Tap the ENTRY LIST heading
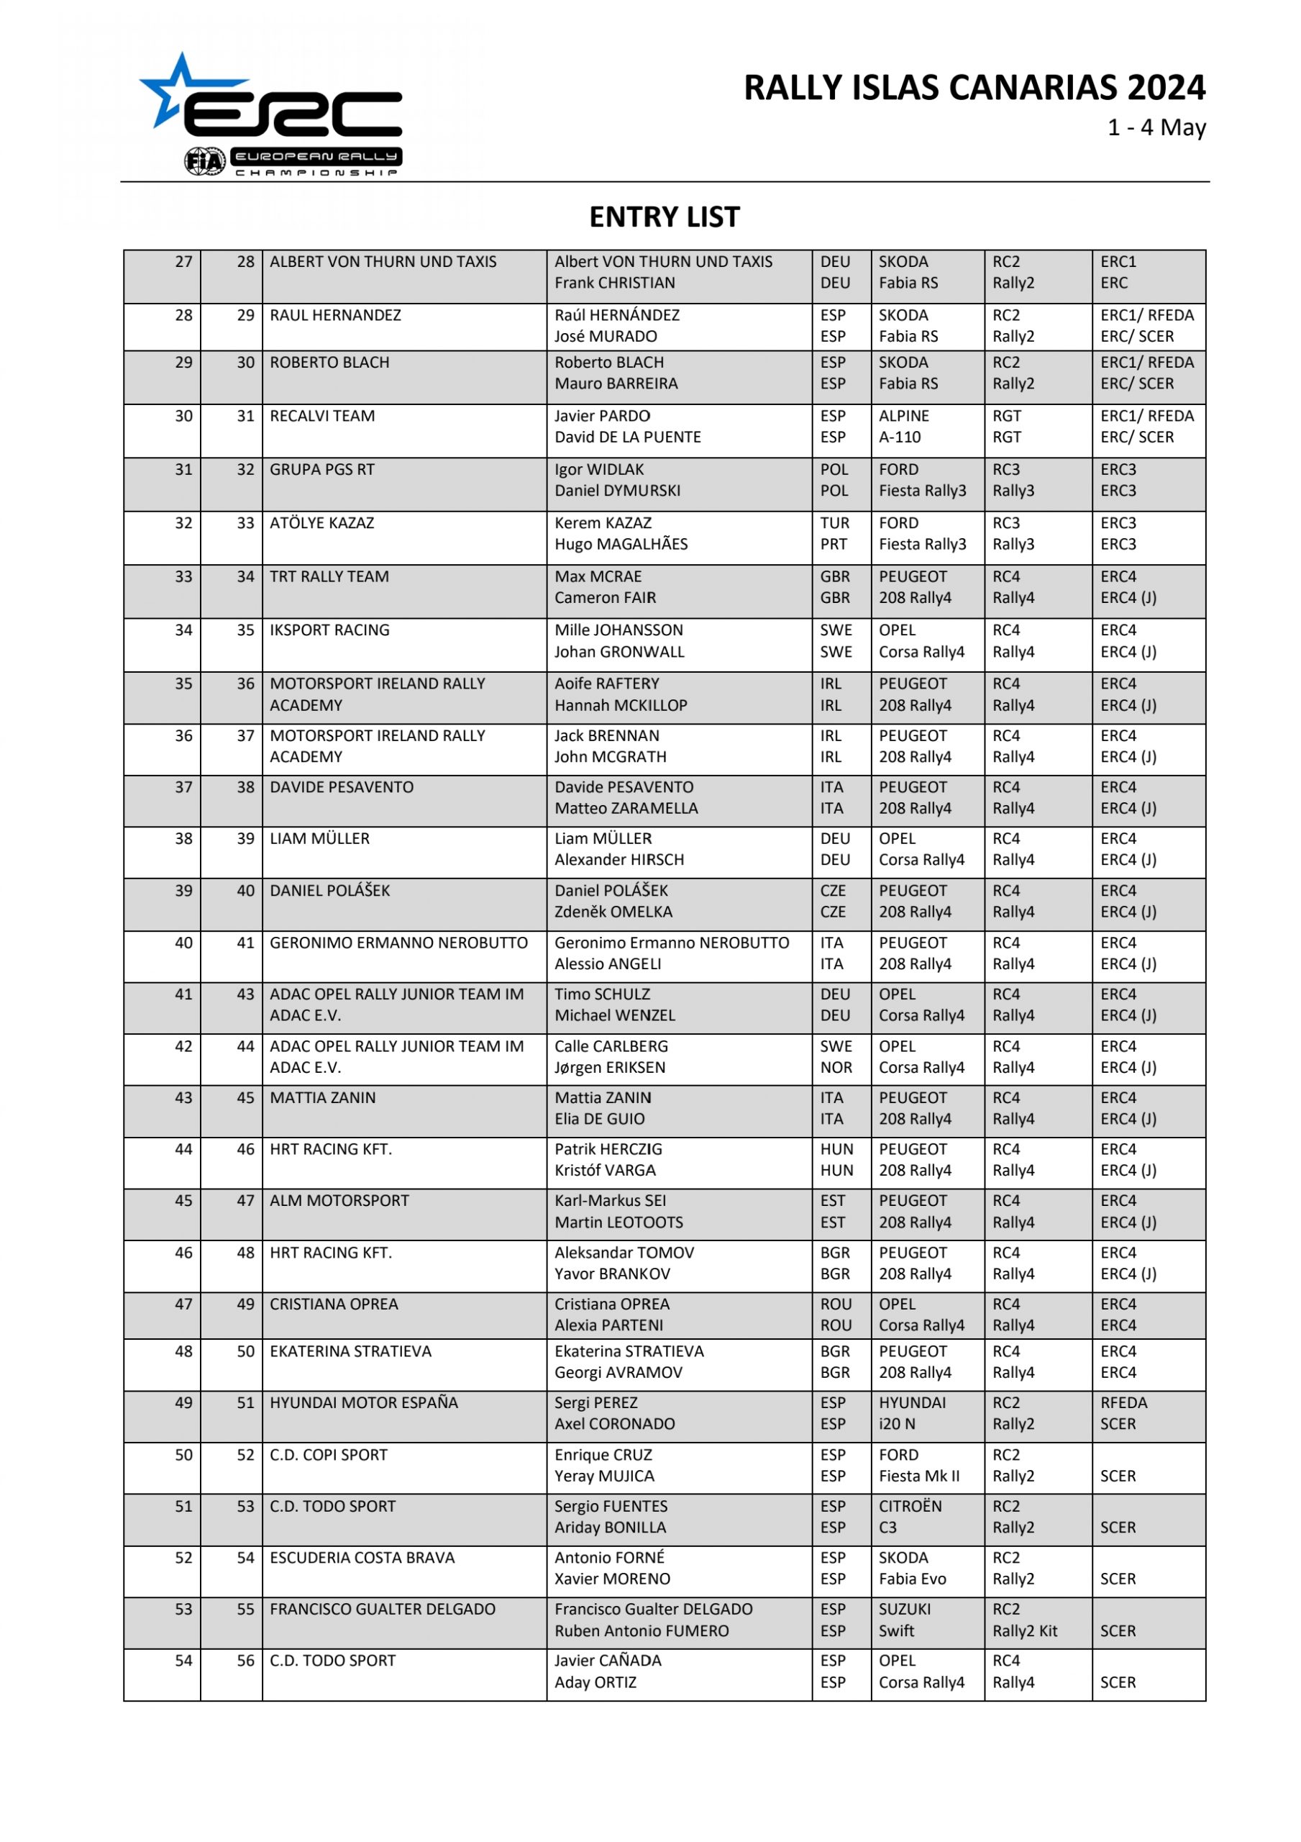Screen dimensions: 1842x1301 pyautogui.click(x=664, y=217)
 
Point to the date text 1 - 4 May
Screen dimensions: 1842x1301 pyautogui.click(x=1156, y=127)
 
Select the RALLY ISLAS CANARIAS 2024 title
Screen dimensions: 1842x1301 pyautogui.click(x=974, y=88)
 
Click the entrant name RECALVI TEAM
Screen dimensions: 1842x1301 pyautogui.click(x=321, y=416)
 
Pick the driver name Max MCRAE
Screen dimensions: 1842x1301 pyautogui.click(x=598, y=576)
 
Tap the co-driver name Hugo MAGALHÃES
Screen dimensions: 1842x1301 pyautogui.click(x=621, y=544)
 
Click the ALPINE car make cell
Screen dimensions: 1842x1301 pyautogui.click(x=903, y=416)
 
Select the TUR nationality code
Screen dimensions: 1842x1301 pyautogui.click(x=834, y=523)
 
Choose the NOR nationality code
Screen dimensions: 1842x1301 pyautogui.click(x=836, y=1067)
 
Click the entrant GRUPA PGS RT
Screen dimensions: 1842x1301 pyautogui.click(x=321, y=469)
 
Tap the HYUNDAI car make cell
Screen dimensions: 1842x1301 pyautogui.click(x=912, y=1402)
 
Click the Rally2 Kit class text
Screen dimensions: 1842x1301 pyautogui.click(x=1024, y=1630)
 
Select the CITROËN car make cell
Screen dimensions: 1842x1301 pyautogui.click(x=910, y=1506)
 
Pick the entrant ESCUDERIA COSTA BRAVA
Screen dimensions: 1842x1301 pyautogui.click(x=362, y=1557)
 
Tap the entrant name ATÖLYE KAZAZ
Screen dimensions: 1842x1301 pyautogui.click(x=321, y=523)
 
